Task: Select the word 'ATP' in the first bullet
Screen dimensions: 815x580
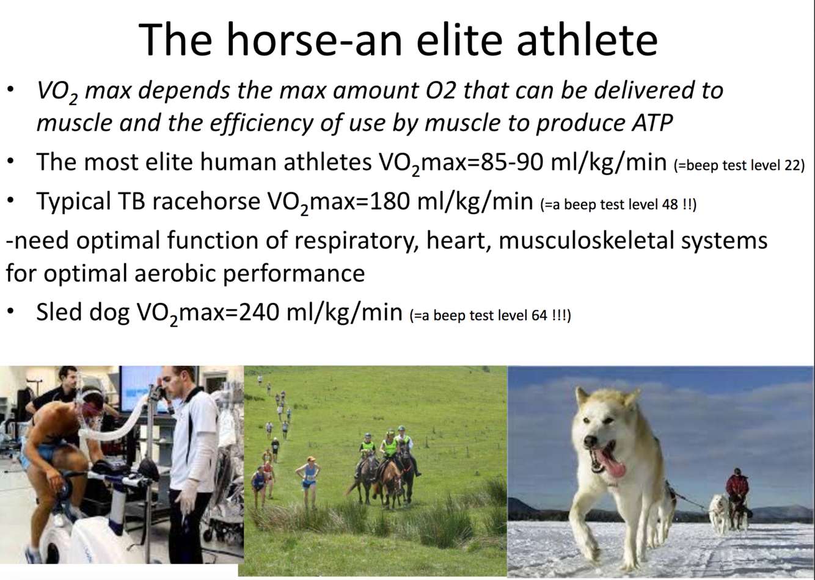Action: [652, 123]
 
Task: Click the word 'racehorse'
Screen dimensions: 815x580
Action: [206, 201]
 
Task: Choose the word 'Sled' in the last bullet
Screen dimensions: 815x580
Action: [59, 311]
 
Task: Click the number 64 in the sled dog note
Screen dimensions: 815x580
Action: [539, 315]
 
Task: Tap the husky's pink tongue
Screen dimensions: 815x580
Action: [612, 466]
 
